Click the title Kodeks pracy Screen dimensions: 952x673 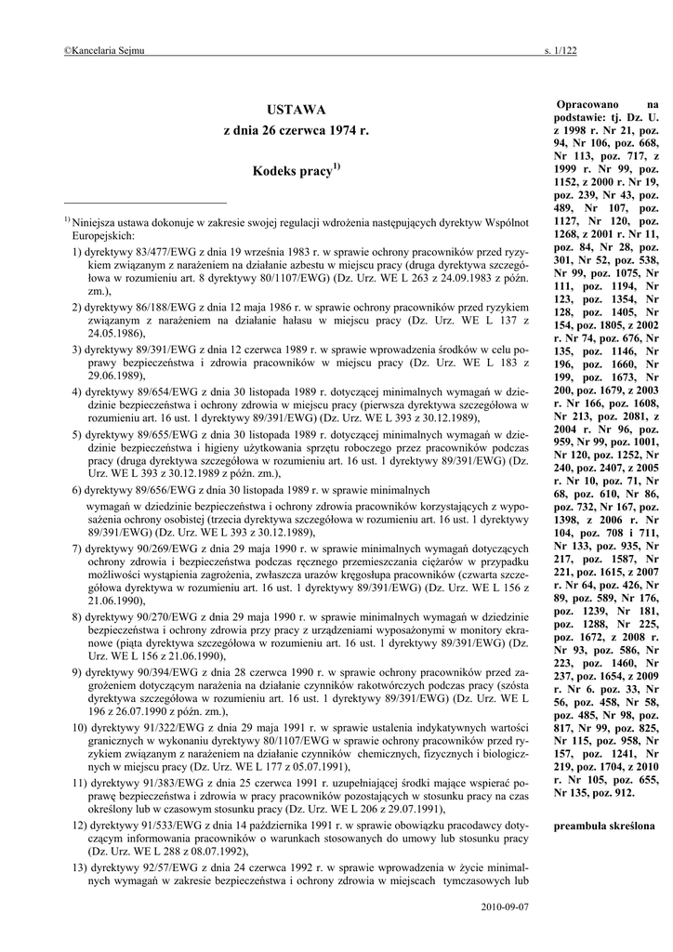[292, 173]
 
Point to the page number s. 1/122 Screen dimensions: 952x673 [560, 50]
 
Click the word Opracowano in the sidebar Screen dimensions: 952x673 [588, 106]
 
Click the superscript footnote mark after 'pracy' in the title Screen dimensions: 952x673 [337, 166]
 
